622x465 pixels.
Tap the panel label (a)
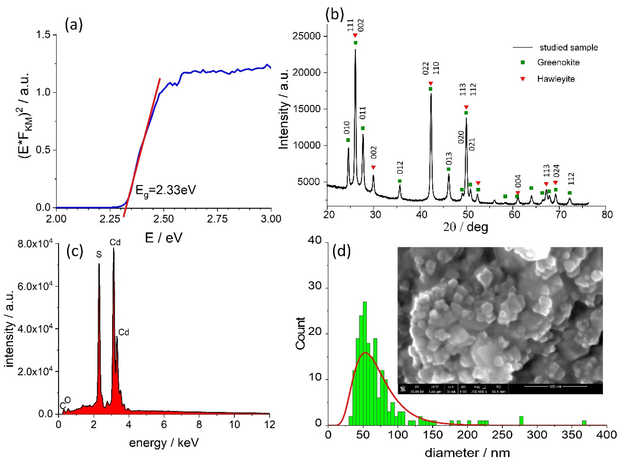point(74,25)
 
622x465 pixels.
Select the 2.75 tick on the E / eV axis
point(217,219)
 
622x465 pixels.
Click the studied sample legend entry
point(568,47)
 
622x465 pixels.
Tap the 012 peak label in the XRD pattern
point(400,168)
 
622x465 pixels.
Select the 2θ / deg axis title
point(465,227)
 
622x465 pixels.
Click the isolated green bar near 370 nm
point(584,423)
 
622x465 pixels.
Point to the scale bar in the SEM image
point(555,387)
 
